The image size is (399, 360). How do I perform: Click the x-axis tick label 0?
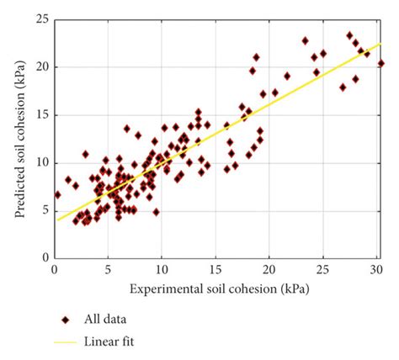(x=55, y=269)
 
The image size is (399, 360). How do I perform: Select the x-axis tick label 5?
(x=109, y=269)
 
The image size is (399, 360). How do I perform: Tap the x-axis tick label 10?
(x=162, y=269)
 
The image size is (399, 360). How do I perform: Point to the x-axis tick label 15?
(x=215, y=269)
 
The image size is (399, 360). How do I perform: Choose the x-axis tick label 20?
(x=269, y=269)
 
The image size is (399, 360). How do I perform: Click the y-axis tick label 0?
(x=43, y=257)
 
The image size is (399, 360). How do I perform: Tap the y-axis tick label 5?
(x=43, y=210)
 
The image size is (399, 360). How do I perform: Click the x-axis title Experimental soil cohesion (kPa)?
(x=217, y=289)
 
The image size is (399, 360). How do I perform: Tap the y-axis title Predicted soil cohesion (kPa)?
(x=17, y=139)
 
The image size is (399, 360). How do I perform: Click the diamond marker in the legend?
(x=66, y=320)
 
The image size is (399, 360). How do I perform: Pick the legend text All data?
(x=109, y=320)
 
